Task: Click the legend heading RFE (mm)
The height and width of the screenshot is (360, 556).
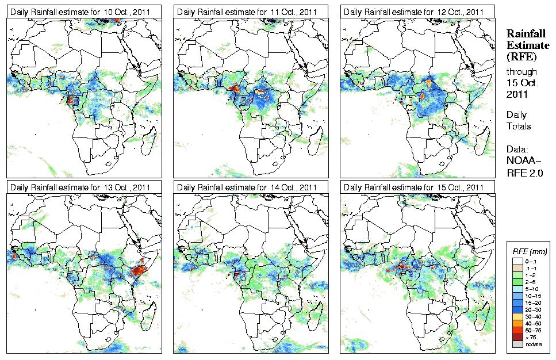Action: click(x=530, y=251)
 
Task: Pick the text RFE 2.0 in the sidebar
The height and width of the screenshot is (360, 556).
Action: click(x=524, y=170)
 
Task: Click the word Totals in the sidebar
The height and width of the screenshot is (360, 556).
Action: click(x=519, y=125)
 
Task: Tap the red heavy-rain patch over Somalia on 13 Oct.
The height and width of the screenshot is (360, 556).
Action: click(x=139, y=269)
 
